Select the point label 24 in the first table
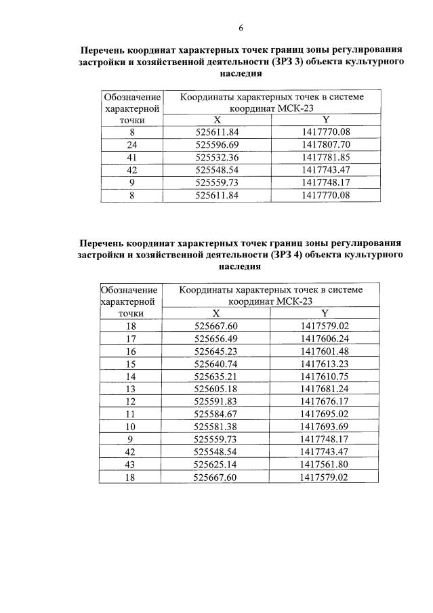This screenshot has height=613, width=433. click(131, 144)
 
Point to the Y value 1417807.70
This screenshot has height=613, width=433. click(325, 144)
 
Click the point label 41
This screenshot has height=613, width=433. click(131, 157)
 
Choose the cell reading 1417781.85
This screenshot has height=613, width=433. click(325, 157)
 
